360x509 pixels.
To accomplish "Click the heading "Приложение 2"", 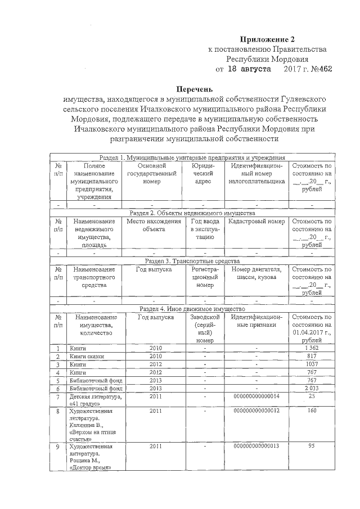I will (267, 39).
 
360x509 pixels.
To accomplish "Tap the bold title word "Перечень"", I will (195, 89).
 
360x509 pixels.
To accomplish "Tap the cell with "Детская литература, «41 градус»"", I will (94, 400).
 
